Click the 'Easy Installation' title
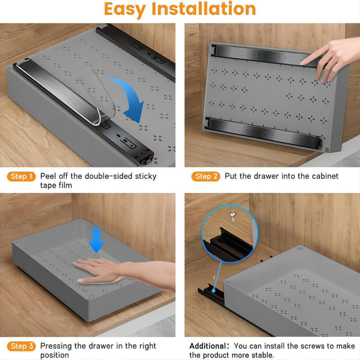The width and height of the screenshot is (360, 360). coord(180,9)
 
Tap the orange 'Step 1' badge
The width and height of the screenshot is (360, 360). coord(22,176)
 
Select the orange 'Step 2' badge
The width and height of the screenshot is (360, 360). coord(205,176)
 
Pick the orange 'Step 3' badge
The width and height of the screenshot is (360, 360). coord(22,346)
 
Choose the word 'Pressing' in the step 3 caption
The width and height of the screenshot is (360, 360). coord(57,346)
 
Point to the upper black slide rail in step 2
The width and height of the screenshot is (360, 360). coord(263,55)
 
